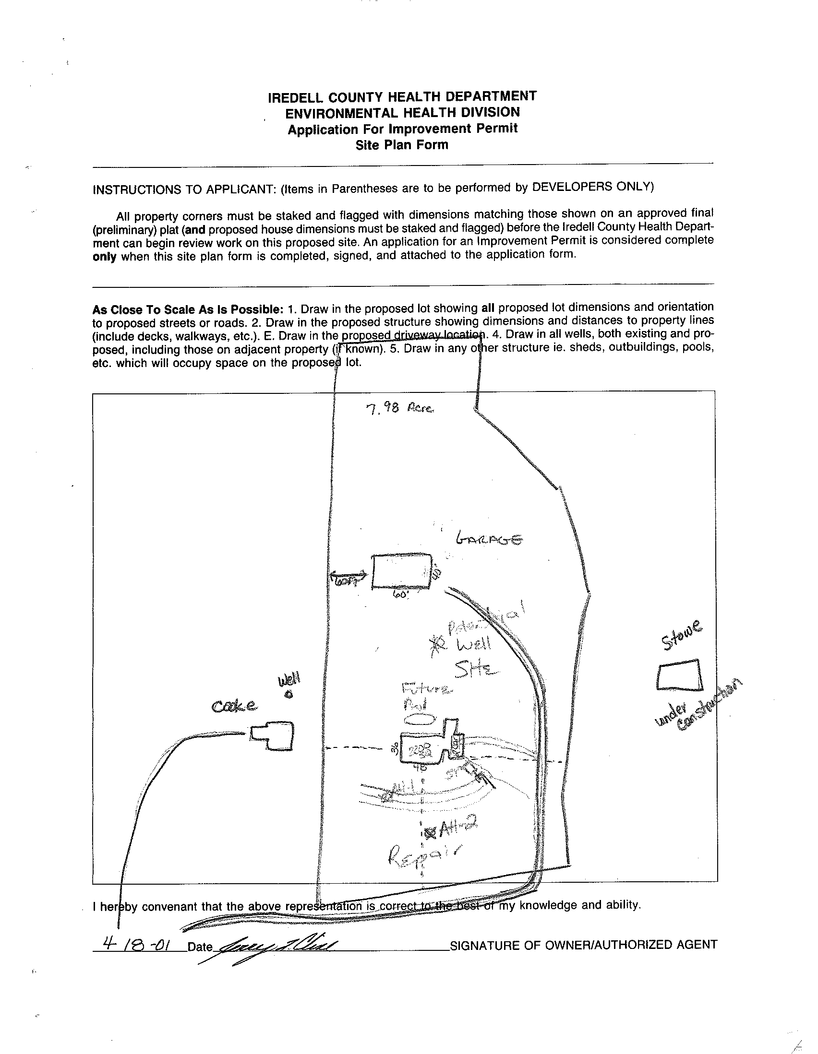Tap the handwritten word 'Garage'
tap(489, 539)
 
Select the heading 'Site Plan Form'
tap(402, 145)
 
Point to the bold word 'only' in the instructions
tap(104, 257)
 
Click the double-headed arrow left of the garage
tap(348, 577)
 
